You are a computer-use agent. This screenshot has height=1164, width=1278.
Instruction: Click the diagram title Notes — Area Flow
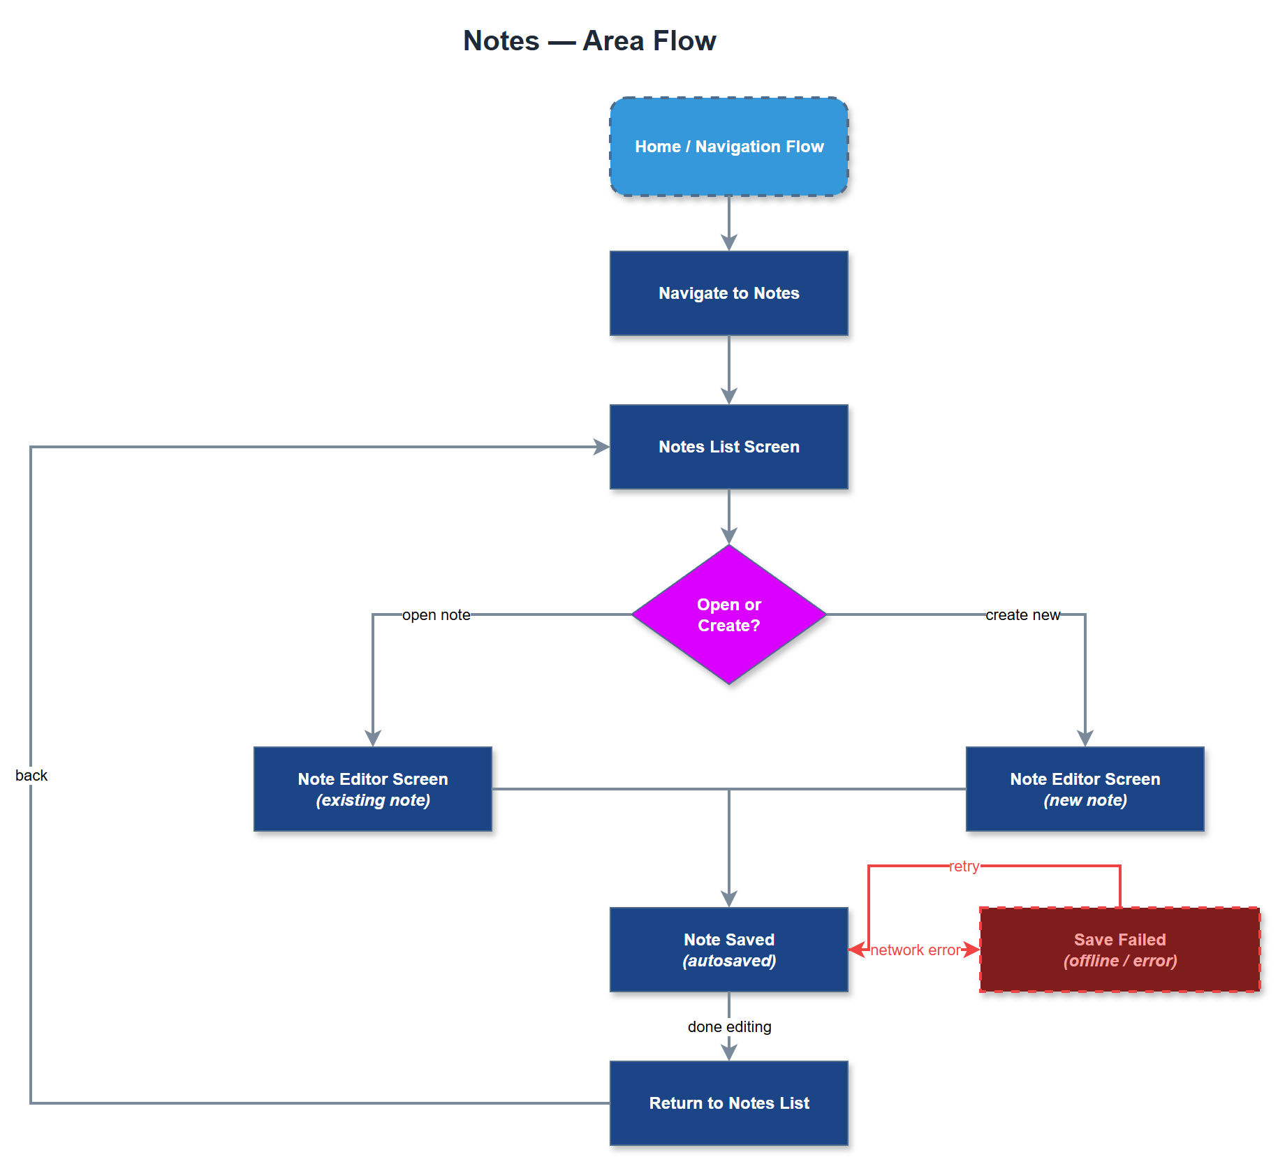click(589, 40)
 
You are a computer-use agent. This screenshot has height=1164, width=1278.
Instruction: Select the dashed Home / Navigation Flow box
click(728, 147)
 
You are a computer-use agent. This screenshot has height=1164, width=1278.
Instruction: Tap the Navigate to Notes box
click(728, 293)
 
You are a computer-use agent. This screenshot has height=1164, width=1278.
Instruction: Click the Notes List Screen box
click(728, 447)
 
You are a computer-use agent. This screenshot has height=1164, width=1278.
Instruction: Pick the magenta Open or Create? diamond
click(728, 614)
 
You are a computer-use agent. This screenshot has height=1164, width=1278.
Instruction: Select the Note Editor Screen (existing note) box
click(372, 789)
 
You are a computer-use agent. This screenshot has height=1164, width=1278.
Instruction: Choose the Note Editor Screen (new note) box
click(1085, 789)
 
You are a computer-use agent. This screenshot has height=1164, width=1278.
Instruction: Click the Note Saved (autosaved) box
click(728, 950)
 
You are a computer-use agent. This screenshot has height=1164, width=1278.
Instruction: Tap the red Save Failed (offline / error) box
click(1119, 950)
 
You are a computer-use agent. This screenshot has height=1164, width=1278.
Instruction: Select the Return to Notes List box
click(728, 1103)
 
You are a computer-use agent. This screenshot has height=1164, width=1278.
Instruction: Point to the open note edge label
click(436, 615)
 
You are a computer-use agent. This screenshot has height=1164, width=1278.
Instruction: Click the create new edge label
click(1022, 615)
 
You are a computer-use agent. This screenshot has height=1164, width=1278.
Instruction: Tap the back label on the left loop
click(31, 776)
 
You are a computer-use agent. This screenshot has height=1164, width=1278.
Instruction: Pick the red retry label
click(964, 867)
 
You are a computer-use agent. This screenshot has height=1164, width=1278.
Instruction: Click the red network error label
click(916, 950)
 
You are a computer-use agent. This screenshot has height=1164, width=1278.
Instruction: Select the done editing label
click(729, 1027)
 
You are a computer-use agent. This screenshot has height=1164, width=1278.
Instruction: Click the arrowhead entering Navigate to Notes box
click(729, 243)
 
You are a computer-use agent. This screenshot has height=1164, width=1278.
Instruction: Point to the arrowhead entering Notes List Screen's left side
click(601, 447)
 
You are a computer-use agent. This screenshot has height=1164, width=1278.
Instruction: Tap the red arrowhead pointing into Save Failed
click(972, 950)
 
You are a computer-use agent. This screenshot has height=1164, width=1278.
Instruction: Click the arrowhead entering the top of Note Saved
click(729, 899)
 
